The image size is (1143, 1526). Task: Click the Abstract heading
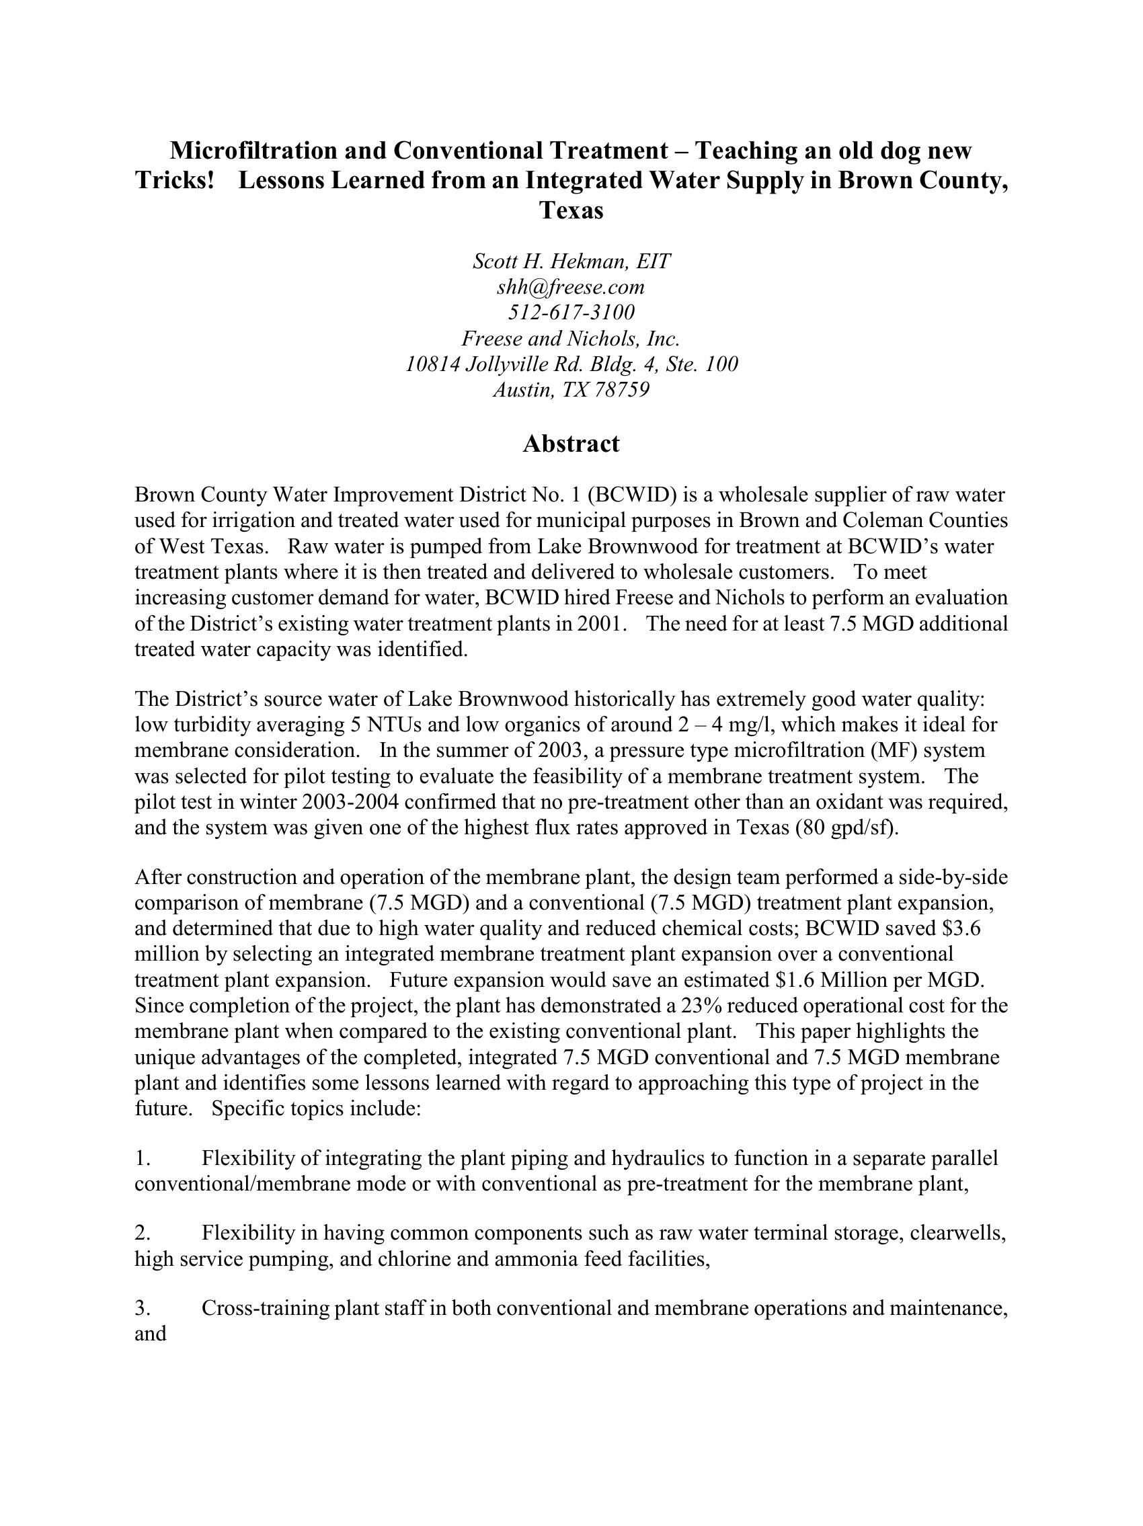point(570,444)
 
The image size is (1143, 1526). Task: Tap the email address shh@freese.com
point(570,286)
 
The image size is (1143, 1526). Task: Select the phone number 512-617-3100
point(571,313)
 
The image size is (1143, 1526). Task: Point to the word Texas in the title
point(570,210)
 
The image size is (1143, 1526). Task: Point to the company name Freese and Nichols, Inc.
point(570,339)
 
